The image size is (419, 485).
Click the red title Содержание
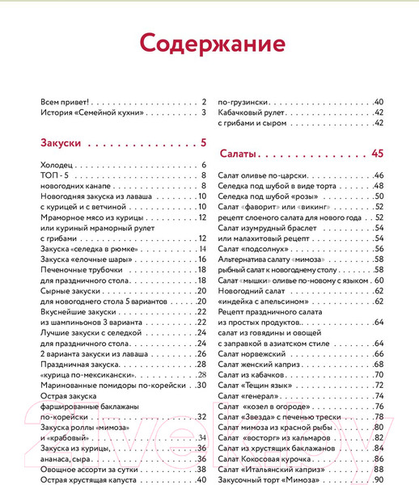coord(209,41)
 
